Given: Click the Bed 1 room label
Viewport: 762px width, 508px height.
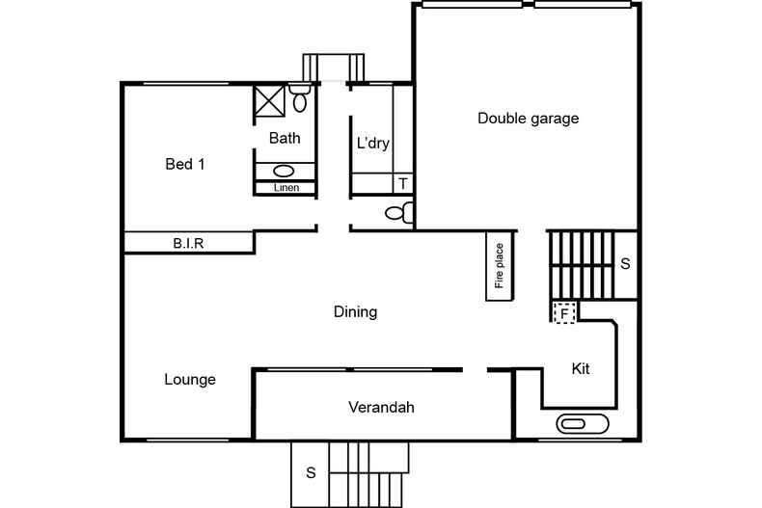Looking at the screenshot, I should (x=185, y=164).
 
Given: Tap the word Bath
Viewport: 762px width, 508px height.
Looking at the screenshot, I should (x=285, y=138).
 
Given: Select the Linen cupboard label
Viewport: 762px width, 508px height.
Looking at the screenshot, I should (x=286, y=188).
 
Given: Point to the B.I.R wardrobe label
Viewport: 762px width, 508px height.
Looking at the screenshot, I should (x=188, y=244).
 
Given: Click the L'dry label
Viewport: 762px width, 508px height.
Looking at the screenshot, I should (x=372, y=144).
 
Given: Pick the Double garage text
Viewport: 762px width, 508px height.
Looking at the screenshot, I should (x=528, y=119).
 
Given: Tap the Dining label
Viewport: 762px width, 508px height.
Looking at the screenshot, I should (x=355, y=312).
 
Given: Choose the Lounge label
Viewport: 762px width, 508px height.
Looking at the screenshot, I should (x=189, y=379).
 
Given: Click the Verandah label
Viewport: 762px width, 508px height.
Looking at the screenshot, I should (x=381, y=407).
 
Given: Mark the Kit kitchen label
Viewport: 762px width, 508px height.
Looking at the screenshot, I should (x=581, y=368).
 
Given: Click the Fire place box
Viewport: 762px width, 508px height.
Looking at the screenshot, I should (x=500, y=266).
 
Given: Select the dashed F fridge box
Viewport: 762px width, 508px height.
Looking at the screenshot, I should (x=563, y=312).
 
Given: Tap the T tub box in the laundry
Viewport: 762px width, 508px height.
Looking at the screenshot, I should (x=402, y=183).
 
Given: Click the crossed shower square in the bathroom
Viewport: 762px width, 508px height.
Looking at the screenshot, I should (x=269, y=101).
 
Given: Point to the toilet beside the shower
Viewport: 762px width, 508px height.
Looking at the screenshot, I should (x=299, y=98).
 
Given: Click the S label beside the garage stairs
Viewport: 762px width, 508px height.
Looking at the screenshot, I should (x=625, y=263).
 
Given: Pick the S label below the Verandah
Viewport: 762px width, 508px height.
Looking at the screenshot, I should (x=311, y=472).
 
